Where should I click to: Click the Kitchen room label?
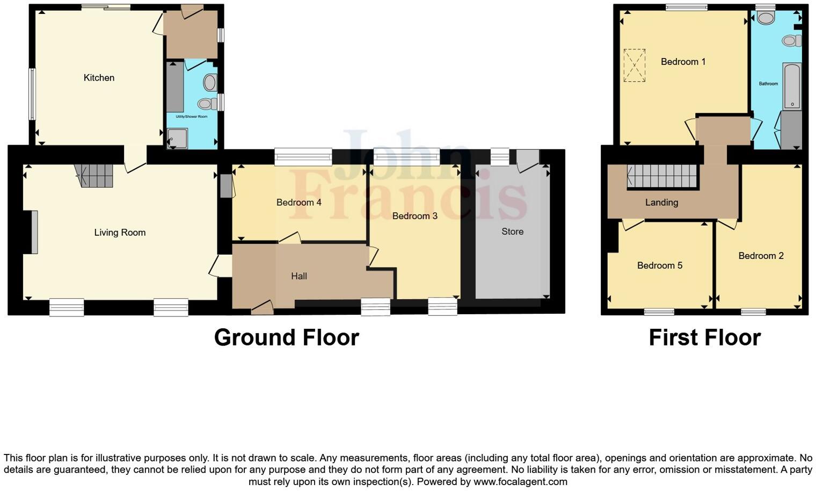coord(99,78)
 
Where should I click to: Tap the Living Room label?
coord(120,233)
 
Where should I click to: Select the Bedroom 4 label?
coord(298,203)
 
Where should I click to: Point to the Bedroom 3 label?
coord(414,216)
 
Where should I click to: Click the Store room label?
coord(512,232)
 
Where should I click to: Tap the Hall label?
coord(299,276)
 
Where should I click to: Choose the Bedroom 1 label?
coord(683,62)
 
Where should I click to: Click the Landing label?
coord(661,203)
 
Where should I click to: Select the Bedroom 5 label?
coord(659,265)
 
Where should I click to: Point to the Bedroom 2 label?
coord(761,256)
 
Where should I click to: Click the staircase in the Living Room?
coord(94,175)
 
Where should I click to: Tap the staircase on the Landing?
coord(662,176)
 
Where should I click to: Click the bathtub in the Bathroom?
coord(792,86)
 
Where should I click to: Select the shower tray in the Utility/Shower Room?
coord(177,139)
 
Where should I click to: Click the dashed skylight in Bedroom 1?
coord(634,66)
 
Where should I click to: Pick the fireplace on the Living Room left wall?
coord(34,232)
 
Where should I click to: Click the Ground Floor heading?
coord(286,337)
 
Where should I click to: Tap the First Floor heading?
coord(704,337)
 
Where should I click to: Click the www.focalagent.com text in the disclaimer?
coord(520,482)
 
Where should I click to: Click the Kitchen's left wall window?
coord(32,94)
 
